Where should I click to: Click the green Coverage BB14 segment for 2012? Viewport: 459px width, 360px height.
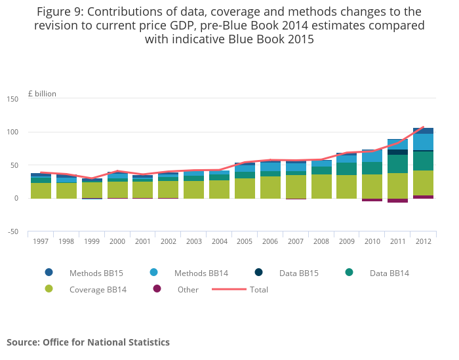(423, 183)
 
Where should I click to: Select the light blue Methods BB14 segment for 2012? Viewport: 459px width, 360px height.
(423, 142)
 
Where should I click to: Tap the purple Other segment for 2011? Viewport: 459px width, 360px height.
(397, 201)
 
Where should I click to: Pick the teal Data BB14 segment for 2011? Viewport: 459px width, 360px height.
(397, 164)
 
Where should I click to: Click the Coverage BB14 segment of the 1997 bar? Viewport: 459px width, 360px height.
(41, 190)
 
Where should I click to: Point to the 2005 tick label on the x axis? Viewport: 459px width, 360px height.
(245, 241)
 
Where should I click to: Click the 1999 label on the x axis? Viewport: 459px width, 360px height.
(92, 241)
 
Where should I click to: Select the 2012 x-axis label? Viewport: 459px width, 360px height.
(423, 241)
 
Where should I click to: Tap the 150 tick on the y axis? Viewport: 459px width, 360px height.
(12, 99)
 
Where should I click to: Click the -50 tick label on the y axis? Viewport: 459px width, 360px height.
(12, 231)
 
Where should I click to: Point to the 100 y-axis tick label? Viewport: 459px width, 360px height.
(12, 132)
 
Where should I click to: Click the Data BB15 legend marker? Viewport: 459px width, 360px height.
(259, 273)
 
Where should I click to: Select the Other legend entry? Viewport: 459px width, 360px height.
(188, 289)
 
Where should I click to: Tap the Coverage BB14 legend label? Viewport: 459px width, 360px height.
(98, 289)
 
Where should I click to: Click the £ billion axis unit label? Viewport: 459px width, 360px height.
(43, 94)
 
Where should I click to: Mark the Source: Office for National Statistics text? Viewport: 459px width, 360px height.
(88, 342)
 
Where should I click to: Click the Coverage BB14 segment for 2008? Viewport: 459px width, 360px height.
(321, 186)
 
